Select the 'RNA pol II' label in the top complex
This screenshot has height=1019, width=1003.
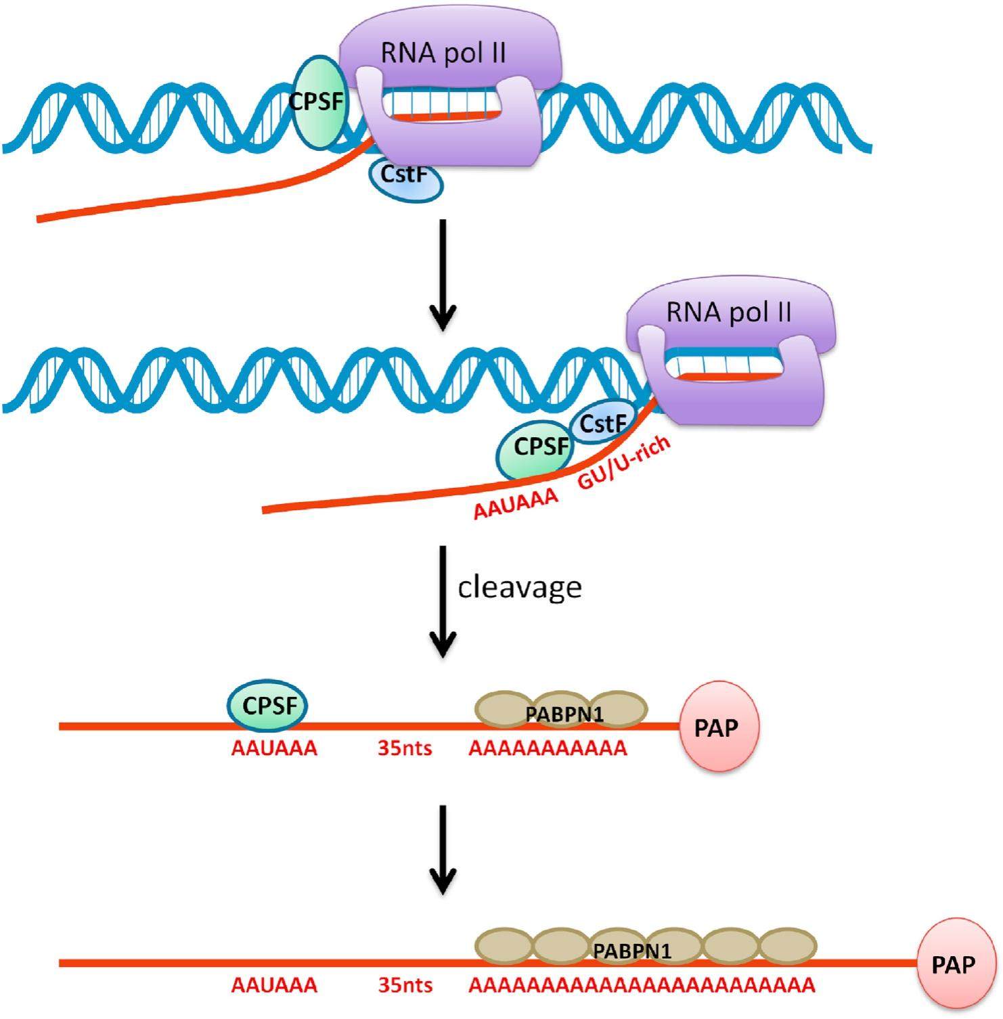point(443,53)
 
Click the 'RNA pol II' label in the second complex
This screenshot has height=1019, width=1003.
point(729,313)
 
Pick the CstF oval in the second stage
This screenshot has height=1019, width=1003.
point(602,424)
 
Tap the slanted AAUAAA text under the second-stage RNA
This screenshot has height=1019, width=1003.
point(516,504)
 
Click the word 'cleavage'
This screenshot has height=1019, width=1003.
point(520,587)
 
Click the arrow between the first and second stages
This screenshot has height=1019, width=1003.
point(443,274)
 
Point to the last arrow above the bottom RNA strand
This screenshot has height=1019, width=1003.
point(443,849)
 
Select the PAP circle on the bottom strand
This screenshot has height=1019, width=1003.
point(954,964)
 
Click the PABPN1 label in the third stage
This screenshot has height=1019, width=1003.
point(564,713)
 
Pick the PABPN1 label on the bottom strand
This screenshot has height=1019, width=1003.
point(631,951)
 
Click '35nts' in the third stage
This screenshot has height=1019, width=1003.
point(405,749)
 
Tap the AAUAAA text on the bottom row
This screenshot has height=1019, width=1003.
point(274,985)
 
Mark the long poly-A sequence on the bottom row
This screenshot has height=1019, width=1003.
point(642,985)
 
